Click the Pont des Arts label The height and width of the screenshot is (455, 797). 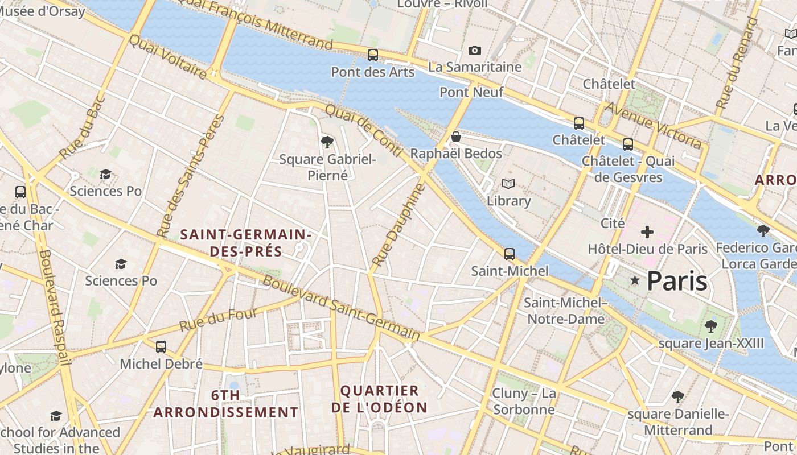373,72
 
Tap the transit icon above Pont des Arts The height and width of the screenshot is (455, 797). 373,55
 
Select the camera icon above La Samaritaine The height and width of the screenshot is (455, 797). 474,51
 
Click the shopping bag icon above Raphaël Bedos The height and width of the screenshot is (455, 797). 455,136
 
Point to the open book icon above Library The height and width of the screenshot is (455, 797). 508,184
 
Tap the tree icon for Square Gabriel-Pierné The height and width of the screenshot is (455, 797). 327,142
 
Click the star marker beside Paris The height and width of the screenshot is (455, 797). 635,280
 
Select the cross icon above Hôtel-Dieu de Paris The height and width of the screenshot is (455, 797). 647,232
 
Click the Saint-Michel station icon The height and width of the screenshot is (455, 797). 510,254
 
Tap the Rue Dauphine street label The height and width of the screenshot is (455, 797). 398,225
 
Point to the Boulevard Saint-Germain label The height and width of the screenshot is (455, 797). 342,309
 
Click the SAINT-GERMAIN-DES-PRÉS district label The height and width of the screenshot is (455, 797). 246,243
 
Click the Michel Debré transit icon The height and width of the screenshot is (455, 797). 161,346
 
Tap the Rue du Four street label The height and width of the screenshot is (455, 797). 219,320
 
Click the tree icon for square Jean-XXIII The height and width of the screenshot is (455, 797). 710,326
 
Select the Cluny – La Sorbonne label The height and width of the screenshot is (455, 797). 524,402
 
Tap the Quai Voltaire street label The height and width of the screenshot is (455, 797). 167,56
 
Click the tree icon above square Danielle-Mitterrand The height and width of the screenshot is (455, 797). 677,396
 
